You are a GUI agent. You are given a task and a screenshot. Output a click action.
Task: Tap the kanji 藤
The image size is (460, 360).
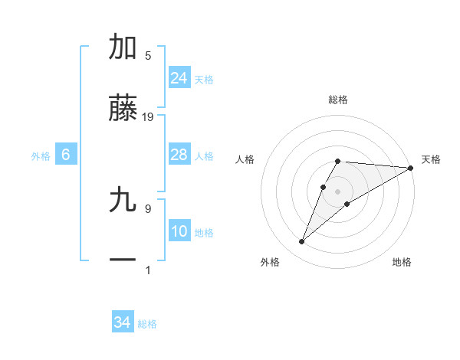(x=123, y=110)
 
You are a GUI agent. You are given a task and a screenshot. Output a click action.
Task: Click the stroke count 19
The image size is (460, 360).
(x=148, y=117)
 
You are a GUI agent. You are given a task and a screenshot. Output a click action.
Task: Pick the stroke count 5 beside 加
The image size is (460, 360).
(x=148, y=55)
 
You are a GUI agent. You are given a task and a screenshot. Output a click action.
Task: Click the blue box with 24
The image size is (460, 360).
(x=179, y=78)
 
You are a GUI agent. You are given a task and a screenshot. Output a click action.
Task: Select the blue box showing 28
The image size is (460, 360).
(x=179, y=155)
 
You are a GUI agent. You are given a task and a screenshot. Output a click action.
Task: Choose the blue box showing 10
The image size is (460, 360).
(x=179, y=232)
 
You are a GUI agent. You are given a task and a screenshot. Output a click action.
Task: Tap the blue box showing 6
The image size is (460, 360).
(x=66, y=155)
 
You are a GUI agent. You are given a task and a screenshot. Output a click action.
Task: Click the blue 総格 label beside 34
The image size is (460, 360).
(x=147, y=324)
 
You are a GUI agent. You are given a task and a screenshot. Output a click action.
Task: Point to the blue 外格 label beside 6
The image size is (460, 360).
(x=41, y=156)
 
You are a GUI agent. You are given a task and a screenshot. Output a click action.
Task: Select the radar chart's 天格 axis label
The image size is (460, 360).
(x=431, y=159)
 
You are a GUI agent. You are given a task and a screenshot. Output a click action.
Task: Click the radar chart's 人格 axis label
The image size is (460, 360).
(x=245, y=159)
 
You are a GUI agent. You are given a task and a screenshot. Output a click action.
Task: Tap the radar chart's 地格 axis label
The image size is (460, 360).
(x=402, y=262)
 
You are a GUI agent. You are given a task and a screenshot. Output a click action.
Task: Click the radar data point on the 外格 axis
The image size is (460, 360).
(x=301, y=242)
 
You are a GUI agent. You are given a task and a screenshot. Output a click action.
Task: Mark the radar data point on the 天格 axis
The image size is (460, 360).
(x=411, y=168)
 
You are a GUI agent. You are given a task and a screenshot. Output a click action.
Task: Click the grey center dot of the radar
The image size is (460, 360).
(x=337, y=190)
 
